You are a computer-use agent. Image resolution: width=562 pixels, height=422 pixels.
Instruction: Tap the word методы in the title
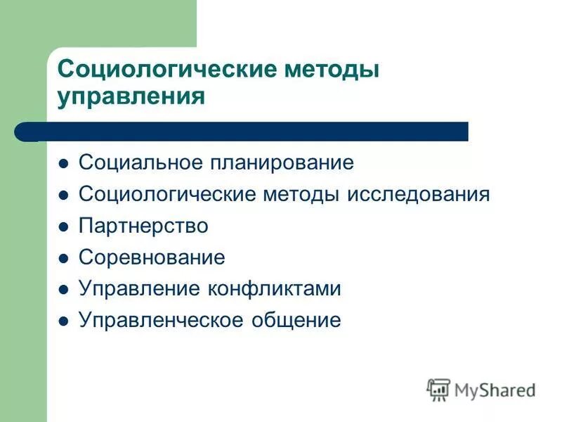coord(329,70)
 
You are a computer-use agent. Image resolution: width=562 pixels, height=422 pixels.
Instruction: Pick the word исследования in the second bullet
coord(417,194)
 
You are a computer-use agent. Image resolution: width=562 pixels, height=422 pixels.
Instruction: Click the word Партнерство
coord(143,226)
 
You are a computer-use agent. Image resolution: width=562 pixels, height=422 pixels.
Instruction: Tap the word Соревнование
coord(152,257)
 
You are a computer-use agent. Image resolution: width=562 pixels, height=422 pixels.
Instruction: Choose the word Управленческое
coord(162,321)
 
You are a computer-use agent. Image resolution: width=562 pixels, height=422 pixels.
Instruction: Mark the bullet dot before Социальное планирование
coord(63,164)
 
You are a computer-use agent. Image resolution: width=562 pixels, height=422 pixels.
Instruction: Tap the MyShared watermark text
coord(495,390)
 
